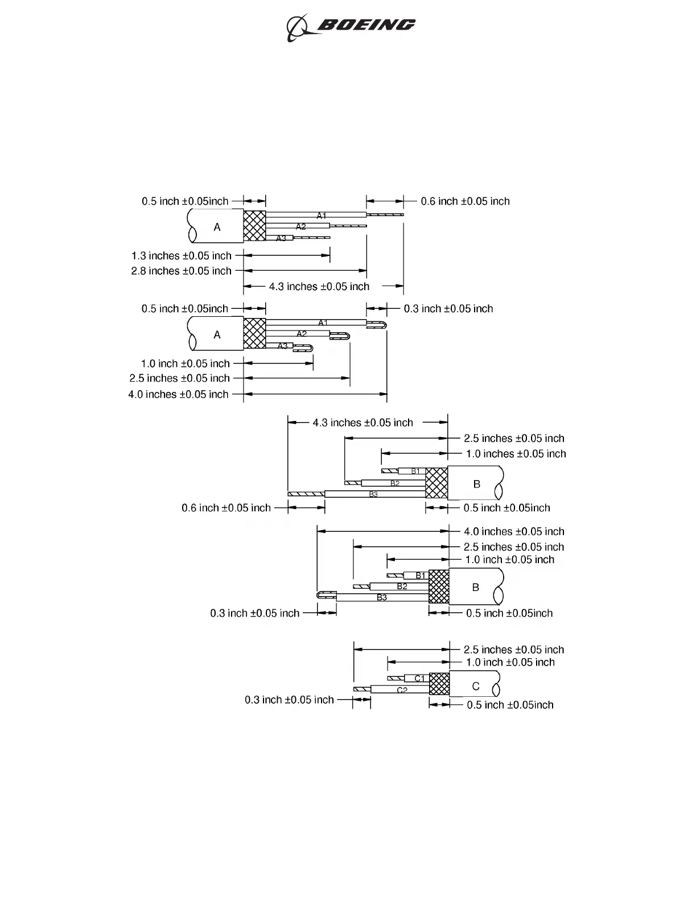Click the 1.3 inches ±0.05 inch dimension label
[181, 256]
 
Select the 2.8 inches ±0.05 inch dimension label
[181, 271]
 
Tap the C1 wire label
[419, 679]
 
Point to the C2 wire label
[402, 691]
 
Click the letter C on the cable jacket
[476, 687]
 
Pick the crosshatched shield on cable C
[439, 684]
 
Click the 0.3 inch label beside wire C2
[289, 700]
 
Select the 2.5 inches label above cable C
[513, 650]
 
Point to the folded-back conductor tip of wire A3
[304, 348]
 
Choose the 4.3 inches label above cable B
[363, 423]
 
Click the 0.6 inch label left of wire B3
[226, 508]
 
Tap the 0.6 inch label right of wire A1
[465, 201]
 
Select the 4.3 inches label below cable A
[319, 287]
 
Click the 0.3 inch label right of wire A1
[448, 309]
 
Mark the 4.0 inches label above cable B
[513, 532]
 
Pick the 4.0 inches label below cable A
[178, 394]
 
